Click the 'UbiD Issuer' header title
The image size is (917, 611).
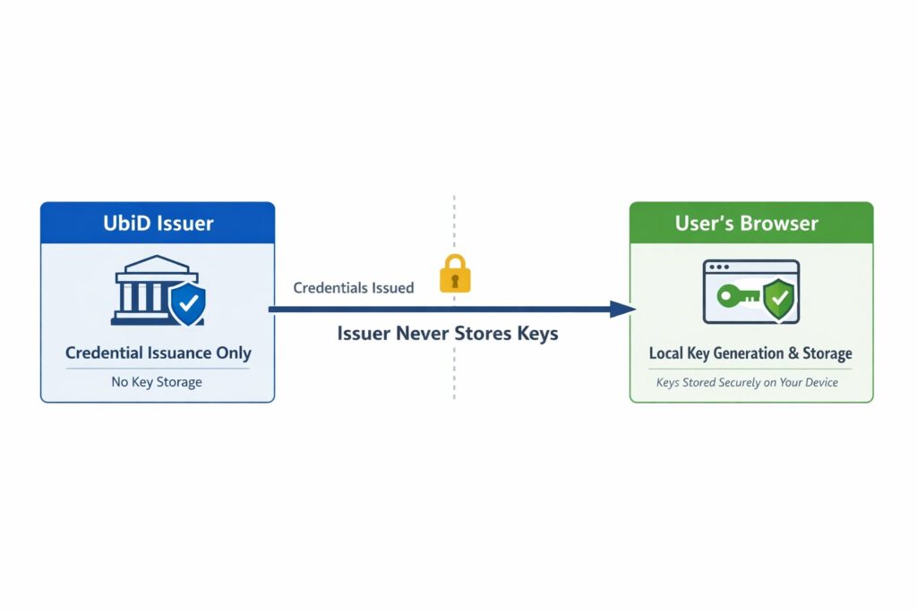(158, 223)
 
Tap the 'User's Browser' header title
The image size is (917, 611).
(746, 223)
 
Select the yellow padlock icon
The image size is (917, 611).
(454, 274)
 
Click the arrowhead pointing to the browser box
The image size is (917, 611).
(623, 310)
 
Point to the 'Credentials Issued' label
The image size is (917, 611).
(354, 288)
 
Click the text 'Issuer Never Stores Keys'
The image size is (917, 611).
(448, 334)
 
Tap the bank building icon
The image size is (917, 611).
(146, 291)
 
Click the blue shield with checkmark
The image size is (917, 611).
(187, 304)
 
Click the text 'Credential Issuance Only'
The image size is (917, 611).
(158, 353)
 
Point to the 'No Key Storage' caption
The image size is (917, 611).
(157, 382)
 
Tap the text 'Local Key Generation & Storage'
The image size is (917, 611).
(750, 353)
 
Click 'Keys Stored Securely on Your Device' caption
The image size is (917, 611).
(747, 383)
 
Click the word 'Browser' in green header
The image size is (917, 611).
(782, 223)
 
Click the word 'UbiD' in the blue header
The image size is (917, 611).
(124, 223)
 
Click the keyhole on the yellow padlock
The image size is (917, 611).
(454, 279)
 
